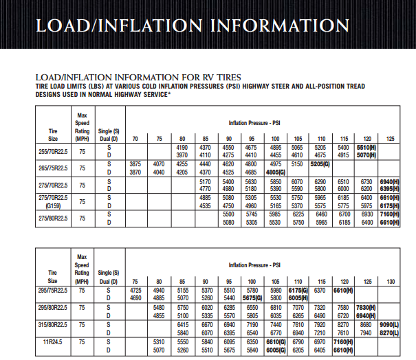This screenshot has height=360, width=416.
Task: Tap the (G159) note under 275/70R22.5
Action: click(x=52, y=205)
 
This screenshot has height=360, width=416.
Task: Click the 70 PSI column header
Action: click(x=135, y=139)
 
